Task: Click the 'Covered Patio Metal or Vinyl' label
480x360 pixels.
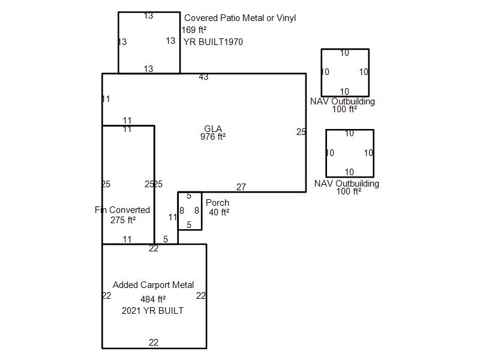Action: tap(240, 18)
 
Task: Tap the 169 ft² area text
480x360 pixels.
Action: tap(194, 29)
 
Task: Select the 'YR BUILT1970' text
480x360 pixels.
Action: tap(213, 41)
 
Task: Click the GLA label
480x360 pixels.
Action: tap(213, 128)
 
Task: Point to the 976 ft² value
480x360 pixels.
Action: tap(213, 137)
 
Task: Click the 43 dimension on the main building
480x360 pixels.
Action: tap(203, 77)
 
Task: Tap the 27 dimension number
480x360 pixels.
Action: tap(241, 187)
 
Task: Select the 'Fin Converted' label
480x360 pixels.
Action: tap(122, 209)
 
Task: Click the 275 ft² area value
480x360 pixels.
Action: tap(123, 220)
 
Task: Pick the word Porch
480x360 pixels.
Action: tap(217, 203)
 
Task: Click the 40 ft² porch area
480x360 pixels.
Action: tap(219, 212)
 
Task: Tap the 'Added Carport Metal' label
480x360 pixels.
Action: tap(154, 285)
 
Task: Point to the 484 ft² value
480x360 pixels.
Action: tap(153, 299)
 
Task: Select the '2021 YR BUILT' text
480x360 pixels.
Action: tap(153, 311)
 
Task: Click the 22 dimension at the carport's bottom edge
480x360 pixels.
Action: tap(154, 342)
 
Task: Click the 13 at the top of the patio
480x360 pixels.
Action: tap(148, 16)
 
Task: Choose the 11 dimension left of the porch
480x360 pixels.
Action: tap(173, 217)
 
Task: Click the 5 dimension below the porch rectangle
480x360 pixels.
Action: tap(166, 239)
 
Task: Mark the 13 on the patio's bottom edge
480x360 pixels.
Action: tap(148, 69)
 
